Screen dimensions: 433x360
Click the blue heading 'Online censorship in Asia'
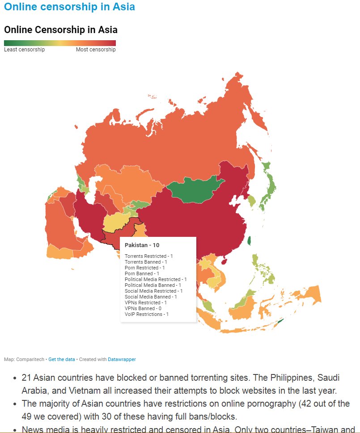click(69, 7)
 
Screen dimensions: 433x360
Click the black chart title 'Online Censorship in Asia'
click(61, 30)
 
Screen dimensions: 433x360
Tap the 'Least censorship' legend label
click(24, 50)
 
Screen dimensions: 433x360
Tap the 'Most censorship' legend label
click(96, 50)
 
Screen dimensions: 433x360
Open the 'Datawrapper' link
click(122, 359)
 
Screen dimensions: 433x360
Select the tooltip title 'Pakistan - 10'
click(142, 245)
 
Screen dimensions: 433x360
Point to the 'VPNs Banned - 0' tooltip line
click(143, 308)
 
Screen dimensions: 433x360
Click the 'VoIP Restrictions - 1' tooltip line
click(147, 314)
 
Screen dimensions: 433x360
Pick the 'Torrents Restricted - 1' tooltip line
click(148, 256)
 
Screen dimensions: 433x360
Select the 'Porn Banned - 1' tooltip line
click(142, 273)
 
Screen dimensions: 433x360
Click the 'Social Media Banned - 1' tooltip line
click(151, 297)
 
